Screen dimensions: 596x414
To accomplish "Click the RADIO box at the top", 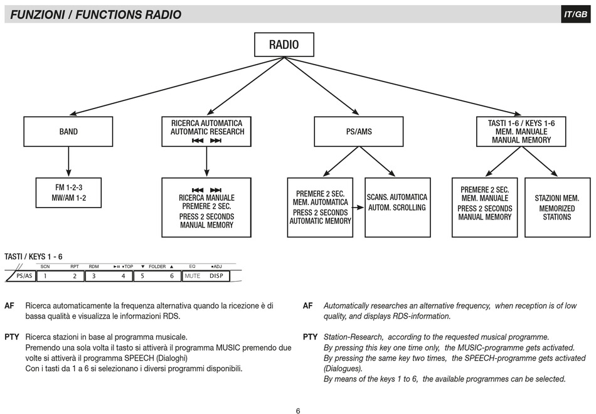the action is tap(284, 45).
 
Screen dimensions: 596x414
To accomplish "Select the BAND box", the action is tap(68, 132).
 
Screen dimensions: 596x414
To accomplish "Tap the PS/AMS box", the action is tap(358, 132).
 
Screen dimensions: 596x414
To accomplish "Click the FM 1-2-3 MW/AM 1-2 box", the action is tap(68, 193).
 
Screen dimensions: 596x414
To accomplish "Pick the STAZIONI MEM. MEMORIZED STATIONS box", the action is tap(557, 208).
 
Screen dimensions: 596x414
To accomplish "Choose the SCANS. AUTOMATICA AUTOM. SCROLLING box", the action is tap(398, 208).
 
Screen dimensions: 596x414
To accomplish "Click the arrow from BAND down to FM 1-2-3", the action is tap(68, 162).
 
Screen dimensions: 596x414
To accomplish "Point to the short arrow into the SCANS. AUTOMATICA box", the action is tap(358, 208).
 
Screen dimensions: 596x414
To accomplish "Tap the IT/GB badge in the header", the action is tap(576, 14).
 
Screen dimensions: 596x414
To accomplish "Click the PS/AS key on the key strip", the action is tap(24, 276).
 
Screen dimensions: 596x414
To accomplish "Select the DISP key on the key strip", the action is tap(216, 276).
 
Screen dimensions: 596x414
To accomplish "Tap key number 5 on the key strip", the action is tap(142, 276).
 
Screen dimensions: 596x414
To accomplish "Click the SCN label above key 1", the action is tap(45, 267).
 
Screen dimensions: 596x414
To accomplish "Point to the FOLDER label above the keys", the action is tap(157, 267).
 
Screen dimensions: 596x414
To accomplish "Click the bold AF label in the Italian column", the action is tap(9, 305).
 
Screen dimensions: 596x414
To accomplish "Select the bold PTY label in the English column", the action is tap(310, 337).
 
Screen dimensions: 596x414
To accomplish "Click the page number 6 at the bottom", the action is tap(298, 411).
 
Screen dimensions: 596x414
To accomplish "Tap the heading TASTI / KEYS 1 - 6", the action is tap(33, 257).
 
